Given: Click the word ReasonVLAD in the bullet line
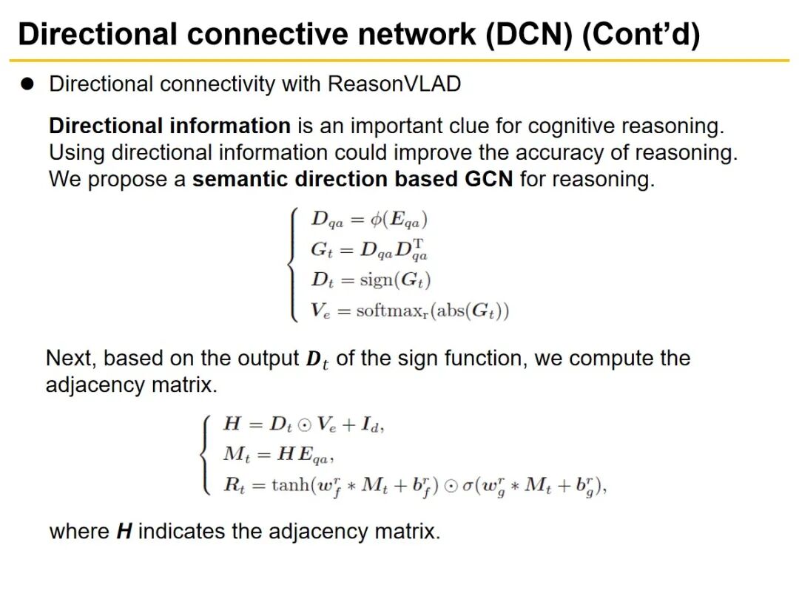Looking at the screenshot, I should point(394,84).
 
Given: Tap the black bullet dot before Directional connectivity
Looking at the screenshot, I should point(28,84).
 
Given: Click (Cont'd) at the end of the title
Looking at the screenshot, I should point(641,35).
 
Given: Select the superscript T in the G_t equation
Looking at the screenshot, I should point(419,243).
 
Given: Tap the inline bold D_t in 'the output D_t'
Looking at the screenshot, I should point(317,360).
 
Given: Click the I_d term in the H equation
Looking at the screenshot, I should point(374,425).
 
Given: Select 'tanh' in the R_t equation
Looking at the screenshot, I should point(288,486).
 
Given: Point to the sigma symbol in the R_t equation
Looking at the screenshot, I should point(468,486).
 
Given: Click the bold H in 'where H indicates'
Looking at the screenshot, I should point(124,532).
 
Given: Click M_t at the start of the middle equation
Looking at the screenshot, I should point(237,455).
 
